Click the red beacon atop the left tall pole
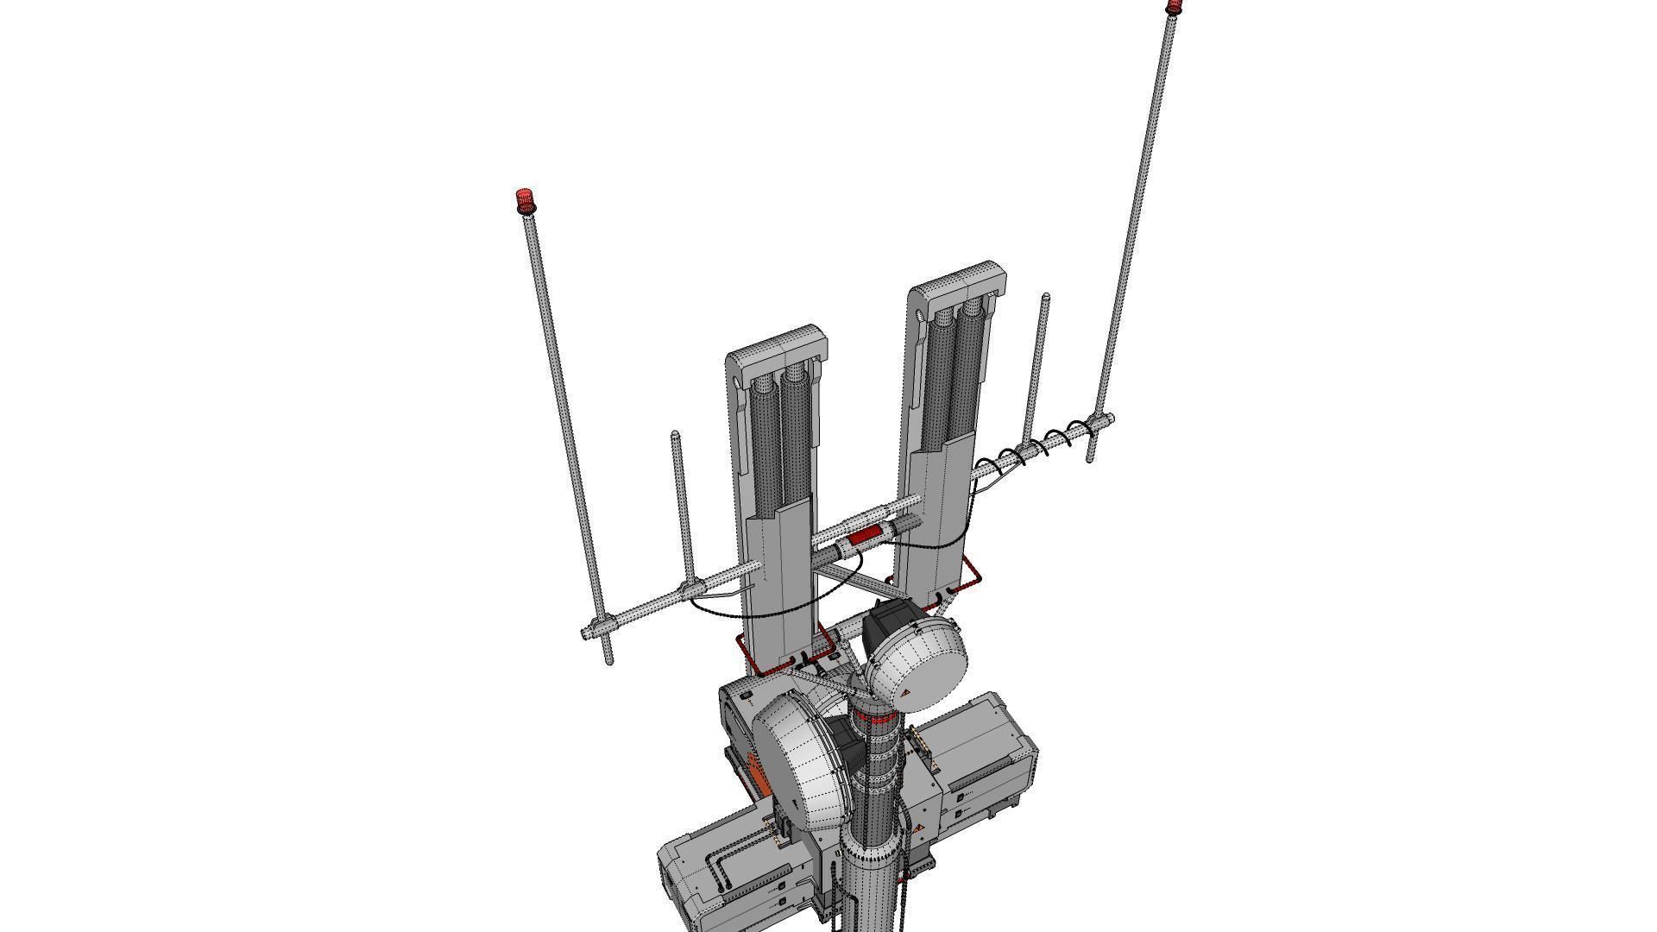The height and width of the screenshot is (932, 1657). coord(525,202)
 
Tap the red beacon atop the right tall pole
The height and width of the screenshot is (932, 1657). coord(1174,8)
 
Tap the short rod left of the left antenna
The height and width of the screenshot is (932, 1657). coord(682,509)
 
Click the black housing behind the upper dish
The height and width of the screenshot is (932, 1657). coord(889,620)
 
